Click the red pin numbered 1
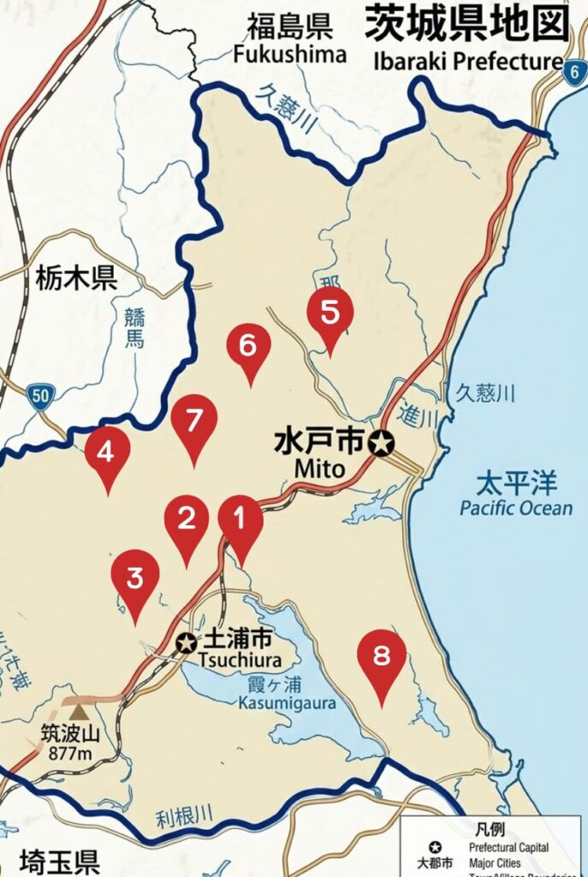click(x=241, y=521)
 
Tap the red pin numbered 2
click(x=187, y=520)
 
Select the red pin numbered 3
click(x=135, y=579)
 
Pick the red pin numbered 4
click(x=107, y=451)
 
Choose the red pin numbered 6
click(x=248, y=347)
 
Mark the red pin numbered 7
click(x=193, y=421)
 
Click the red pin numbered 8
click(x=381, y=657)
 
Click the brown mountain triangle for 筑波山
click(x=79, y=711)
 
